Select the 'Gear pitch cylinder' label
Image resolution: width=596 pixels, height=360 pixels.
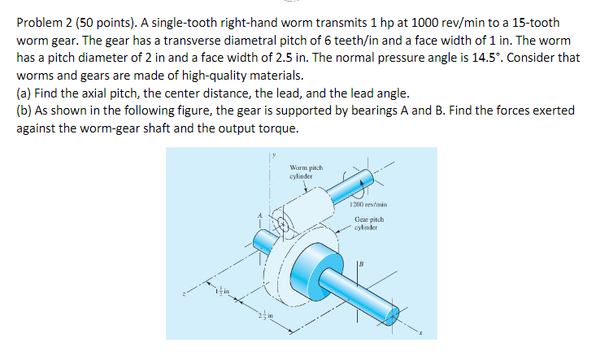368,223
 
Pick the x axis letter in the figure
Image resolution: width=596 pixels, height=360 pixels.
421,332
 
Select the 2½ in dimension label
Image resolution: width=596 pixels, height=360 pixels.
266,314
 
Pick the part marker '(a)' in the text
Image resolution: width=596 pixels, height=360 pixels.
24,93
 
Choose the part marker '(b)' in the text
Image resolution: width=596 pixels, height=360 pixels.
24,110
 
